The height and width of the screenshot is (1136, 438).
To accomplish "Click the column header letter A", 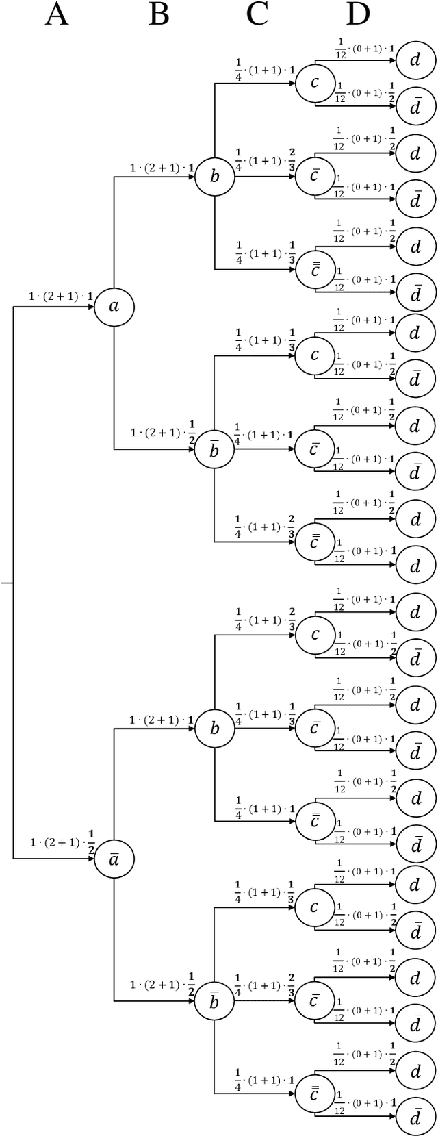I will (x=57, y=14).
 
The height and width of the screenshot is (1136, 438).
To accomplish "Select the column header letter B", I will (x=158, y=14).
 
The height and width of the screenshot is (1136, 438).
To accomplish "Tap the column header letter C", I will (x=257, y=14).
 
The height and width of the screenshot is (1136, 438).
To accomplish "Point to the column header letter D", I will (x=357, y=14).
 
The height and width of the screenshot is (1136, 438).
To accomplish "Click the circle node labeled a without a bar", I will (x=114, y=307).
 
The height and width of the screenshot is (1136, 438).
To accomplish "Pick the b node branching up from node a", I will (x=214, y=177).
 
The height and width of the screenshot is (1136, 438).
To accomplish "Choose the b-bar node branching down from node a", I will (x=214, y=450).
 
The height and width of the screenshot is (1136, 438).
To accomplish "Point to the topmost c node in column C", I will (x=315, y=84).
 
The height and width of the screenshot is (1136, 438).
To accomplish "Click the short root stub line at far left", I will (x=6, y=583).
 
